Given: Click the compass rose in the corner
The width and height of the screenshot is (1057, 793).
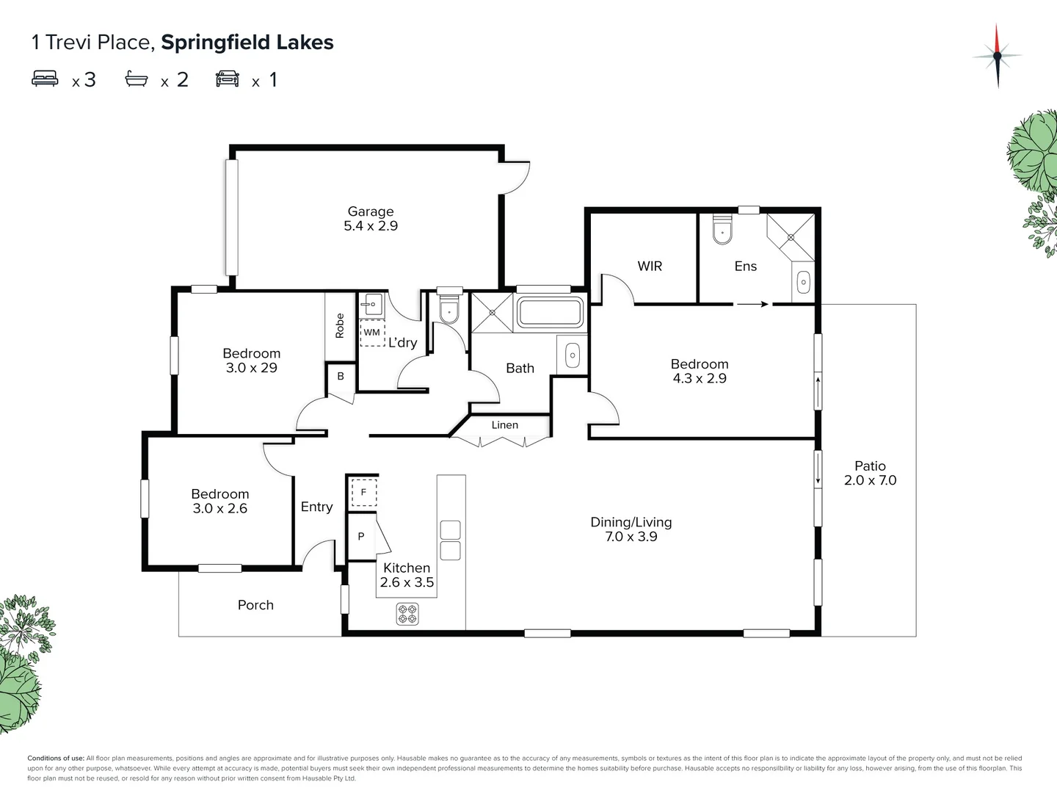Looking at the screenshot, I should click(997, 56).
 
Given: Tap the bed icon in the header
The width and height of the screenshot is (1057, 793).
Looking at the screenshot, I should click(46, 79).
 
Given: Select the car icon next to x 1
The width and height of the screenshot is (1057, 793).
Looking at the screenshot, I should click(228, 79).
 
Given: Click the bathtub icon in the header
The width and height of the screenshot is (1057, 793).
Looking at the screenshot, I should click(137, 79).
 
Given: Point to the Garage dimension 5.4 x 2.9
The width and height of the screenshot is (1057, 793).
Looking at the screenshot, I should click(371, 226).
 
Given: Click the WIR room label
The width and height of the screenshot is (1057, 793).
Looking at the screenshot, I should click(650, 267).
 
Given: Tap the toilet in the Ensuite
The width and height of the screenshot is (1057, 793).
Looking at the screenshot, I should click(722, 229).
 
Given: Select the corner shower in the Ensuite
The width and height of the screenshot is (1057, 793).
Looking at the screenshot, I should click(791, 236).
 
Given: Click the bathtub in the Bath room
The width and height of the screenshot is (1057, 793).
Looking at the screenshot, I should click(551, 312).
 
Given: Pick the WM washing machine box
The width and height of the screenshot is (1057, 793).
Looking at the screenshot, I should click(372, 333).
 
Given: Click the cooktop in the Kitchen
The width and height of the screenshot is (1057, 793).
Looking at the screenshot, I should click(407, 614).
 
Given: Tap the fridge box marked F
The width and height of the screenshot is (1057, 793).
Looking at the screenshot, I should click(363, 493).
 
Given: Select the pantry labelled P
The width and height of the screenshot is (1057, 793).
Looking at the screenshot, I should click(361, 537).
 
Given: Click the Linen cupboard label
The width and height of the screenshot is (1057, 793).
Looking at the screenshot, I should click(505, 425).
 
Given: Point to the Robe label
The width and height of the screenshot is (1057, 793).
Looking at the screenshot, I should click(340, 325).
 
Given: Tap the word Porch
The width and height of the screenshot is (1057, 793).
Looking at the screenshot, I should click(255, 605).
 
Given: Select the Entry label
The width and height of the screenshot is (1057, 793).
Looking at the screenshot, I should click(316, 507).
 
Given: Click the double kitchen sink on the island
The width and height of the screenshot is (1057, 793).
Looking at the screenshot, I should click(450, 540).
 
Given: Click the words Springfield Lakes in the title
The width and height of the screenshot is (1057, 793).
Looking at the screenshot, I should click(247, 43).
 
